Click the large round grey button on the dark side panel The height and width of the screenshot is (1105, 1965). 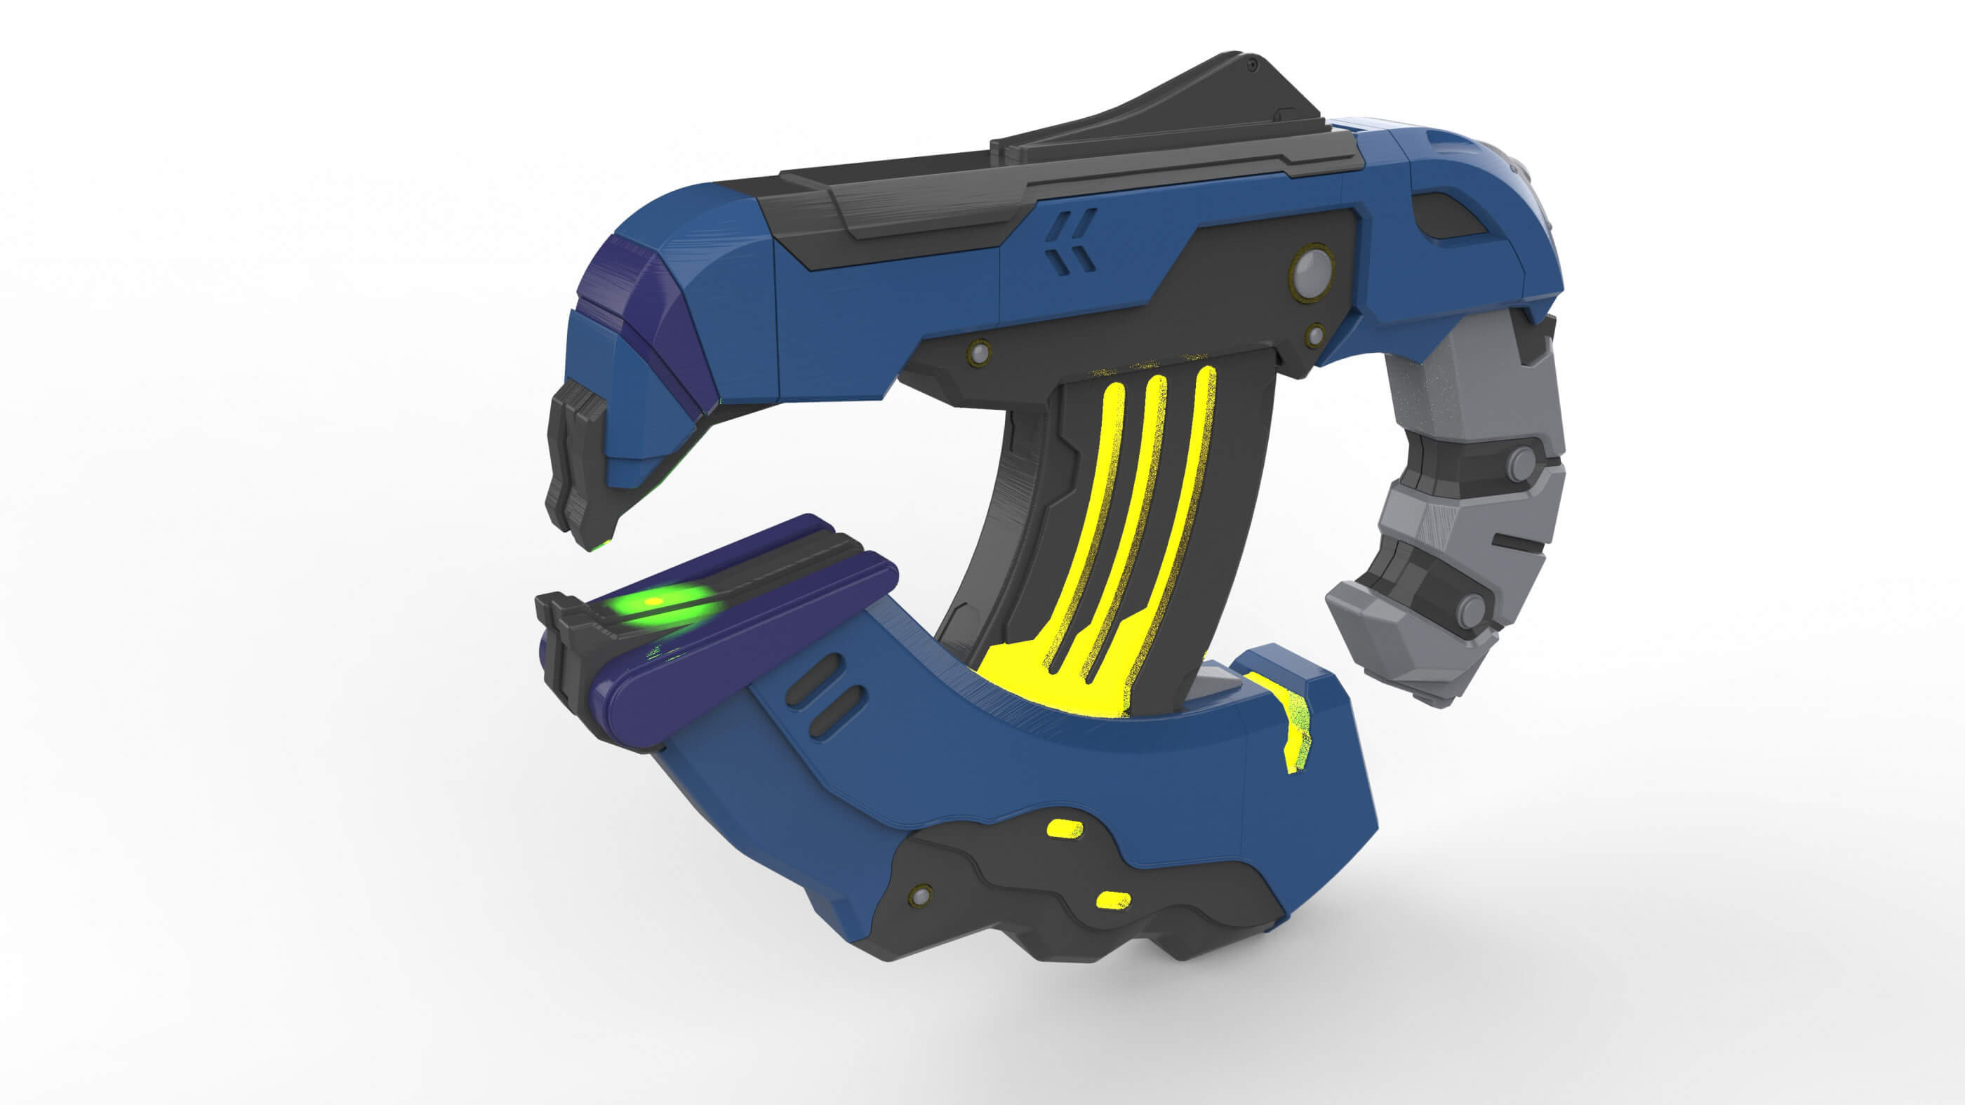click(1311, 269)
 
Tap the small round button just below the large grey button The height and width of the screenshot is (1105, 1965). click(1315, 334)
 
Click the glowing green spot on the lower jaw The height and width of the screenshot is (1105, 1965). click(656, 603)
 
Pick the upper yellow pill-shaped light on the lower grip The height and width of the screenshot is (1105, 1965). click(1065, 828)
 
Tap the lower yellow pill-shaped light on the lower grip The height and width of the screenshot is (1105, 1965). click(1113, 900)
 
